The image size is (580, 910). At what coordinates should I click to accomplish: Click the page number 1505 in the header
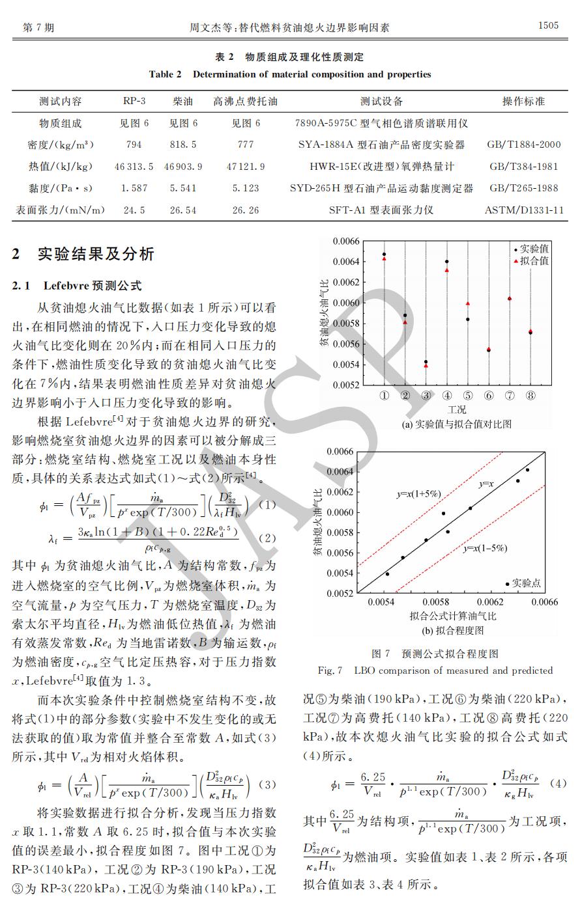click(x=548, y=26)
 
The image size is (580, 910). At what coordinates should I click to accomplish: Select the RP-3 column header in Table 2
click(x=134, y=102)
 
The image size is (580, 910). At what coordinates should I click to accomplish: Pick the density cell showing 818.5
click(x=183, y=145)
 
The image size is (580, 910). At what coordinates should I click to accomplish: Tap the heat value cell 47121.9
click(x=246, y=167)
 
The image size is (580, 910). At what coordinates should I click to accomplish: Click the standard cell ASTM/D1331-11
click(x=524, y=210)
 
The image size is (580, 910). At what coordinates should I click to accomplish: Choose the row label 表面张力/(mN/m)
click(x=60, y=210)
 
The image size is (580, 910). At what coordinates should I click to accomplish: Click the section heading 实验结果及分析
click(x=96, y=254)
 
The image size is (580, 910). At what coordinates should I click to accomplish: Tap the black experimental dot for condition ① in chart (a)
click(x=384, y=254)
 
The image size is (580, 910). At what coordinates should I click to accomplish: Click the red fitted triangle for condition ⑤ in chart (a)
click(x=468, y=304)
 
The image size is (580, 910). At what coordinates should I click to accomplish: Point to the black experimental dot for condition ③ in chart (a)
click(x=426, y=362)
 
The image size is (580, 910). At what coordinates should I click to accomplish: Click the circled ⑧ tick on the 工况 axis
click(x=530, y=396)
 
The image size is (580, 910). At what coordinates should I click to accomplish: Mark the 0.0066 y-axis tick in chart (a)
click(x=345, y=241)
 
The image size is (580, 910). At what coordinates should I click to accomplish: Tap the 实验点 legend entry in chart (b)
click(x=525, y=583)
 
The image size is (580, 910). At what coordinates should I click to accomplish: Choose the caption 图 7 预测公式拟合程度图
click(x=435, y=654)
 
